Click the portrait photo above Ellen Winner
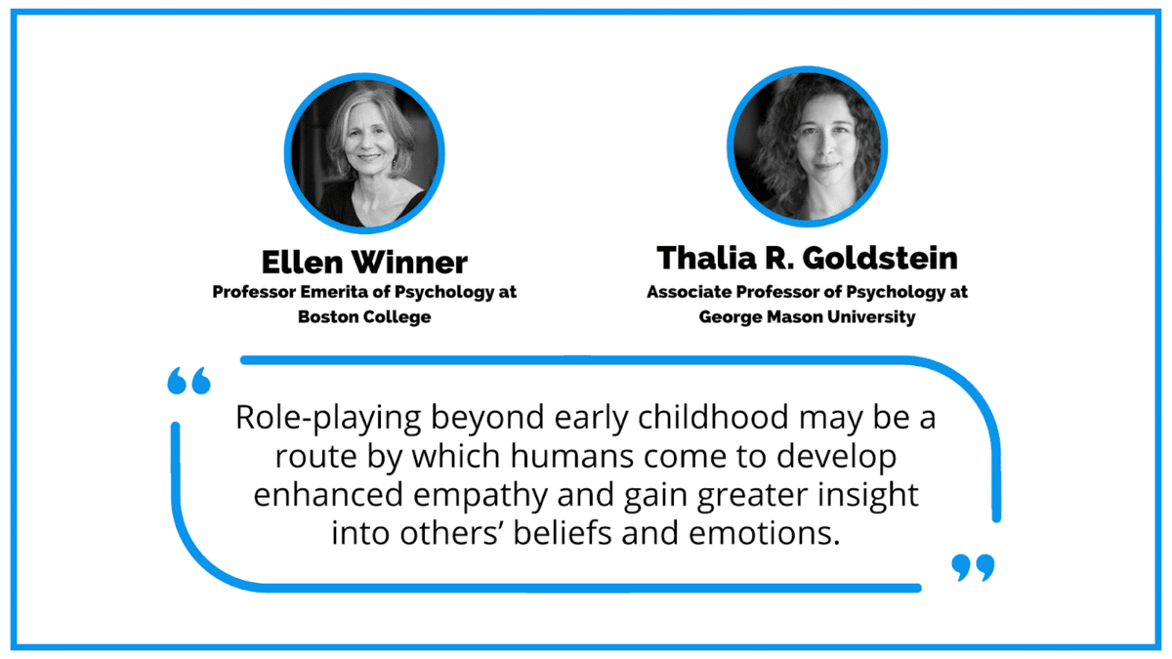click(x=364, y=153)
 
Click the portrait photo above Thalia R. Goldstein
click(x=808, y=146)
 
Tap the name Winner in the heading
click(x=409, y=262)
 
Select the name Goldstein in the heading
click(x=880, y=258)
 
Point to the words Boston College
click(x=364, y=316)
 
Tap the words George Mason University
click(x=808, y=317)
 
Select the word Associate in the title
click(x=690, y=291)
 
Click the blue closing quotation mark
click(x=973, y=567)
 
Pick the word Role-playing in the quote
click(x=328, y=419)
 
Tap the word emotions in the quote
click(x=765, y=534)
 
